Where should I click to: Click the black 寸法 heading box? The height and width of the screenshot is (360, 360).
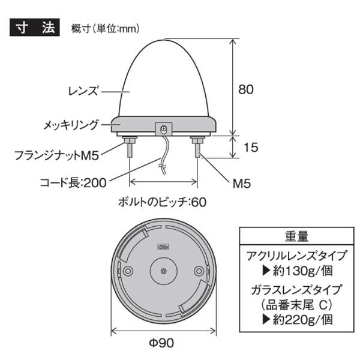(x=35, y=28)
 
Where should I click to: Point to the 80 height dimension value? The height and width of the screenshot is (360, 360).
(x=246, y=89)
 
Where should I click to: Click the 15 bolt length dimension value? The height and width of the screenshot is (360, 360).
(x=251, y=147)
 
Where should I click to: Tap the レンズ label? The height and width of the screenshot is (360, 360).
(x=83, y=91)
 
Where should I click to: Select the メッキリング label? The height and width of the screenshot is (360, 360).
(x=71, y=125)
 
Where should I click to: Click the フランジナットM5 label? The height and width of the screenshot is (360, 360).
(x=56, y=155)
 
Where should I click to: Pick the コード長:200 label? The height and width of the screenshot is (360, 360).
(x=73, y=183)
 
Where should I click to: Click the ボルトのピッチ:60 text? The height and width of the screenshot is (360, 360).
(x=162, y=202)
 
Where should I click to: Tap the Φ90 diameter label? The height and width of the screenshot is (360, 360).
(x=161, y=343)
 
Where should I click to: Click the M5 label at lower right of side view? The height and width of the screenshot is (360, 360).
(x=242, y=184)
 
